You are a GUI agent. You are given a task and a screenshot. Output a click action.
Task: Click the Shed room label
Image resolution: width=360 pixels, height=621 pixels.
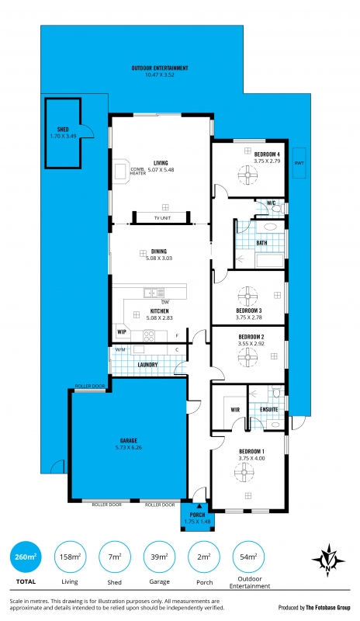tap(63, 129)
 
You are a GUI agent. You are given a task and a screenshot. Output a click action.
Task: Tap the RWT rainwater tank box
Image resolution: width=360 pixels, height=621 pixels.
tap(299, 163)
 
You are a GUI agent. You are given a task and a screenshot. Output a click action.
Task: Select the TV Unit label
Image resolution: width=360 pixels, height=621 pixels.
tap(162, 218)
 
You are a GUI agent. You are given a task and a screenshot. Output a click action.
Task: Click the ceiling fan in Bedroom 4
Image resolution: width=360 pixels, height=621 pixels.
tap(247, 174)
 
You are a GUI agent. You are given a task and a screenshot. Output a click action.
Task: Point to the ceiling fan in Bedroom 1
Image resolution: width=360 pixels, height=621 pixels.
tap(244, 473)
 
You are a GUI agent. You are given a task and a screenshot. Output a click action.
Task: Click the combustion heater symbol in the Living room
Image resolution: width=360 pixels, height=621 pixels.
tap(120, 171)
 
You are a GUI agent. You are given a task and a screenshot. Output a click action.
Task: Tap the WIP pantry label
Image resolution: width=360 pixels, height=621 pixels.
tap(122, 332)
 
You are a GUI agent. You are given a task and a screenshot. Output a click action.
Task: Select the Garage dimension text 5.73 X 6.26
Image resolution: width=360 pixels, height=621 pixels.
tap(129, 448)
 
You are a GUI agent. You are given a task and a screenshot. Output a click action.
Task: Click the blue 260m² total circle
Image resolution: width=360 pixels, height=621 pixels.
tap(26, 557)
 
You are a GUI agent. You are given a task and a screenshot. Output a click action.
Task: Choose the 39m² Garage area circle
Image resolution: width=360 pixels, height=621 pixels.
tap(159, 557)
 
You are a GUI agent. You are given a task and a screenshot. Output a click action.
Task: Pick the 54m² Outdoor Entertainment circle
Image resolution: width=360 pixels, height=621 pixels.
tap(248, 557)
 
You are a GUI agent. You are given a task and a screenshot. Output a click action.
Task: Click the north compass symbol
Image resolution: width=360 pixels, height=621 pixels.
tap(328, 560)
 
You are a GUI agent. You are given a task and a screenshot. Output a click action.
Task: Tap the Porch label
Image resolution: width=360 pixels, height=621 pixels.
tap(197, 515)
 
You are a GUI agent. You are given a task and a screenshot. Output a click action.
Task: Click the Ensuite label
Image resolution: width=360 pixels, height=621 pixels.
tap(269, 409)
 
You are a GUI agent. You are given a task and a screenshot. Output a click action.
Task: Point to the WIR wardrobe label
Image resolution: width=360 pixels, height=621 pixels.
tap(235, 410)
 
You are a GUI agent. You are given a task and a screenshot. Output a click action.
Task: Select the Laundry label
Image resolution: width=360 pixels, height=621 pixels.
tap(147, 364)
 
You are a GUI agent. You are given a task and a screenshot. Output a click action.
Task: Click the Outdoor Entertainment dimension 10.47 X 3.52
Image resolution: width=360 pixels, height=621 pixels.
tap(160, 75)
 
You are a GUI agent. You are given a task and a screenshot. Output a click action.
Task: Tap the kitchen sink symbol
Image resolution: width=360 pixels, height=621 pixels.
tap(154, 293)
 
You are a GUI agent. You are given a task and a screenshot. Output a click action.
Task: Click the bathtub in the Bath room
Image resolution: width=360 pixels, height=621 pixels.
tap(270, 262)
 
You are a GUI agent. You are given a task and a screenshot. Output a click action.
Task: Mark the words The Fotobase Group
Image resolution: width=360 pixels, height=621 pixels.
tap(328, 608)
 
